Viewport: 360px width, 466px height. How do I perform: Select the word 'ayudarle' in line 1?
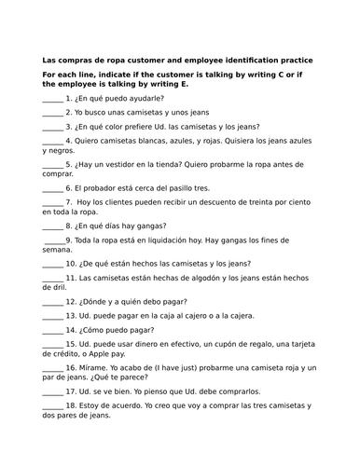(143, 97)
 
